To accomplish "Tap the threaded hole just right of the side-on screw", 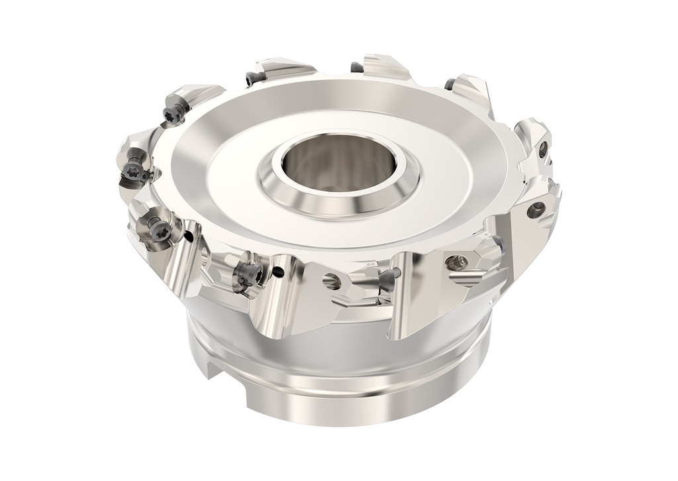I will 455,262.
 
